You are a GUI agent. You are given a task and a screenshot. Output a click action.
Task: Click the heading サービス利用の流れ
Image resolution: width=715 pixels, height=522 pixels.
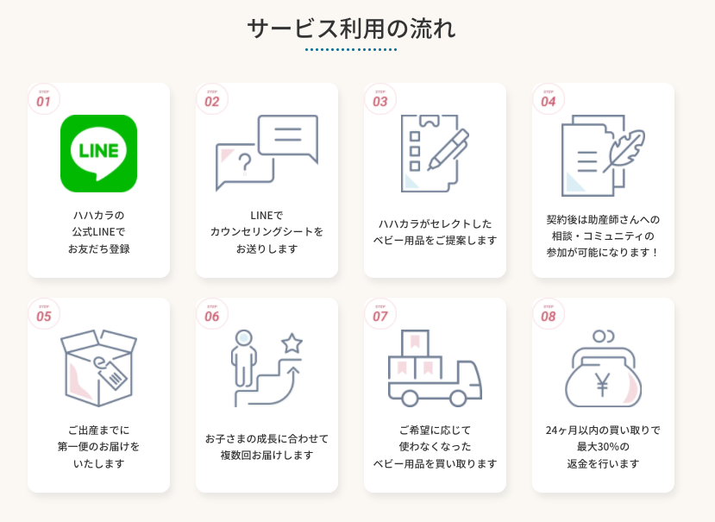tap(351, 28)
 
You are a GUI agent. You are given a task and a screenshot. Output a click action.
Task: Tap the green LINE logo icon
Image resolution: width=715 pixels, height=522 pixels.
tap(98, 153)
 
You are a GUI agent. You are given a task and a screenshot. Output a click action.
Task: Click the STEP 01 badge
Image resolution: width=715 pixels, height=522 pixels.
tap(44, 99)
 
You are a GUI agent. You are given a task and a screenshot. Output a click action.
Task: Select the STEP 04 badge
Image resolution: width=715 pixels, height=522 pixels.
tap(549, 99)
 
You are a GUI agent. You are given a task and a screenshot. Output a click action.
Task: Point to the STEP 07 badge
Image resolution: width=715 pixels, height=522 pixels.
tap(380, 314)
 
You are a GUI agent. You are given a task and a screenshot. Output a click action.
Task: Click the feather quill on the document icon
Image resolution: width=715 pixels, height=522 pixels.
tap(625, 150)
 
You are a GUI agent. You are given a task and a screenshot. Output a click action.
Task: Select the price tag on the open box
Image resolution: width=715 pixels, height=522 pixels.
tap(113, 373)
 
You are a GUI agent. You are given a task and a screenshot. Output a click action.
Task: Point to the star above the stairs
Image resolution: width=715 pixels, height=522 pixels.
tap(292, 343)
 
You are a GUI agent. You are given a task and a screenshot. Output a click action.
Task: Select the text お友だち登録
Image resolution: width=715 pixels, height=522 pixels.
tap(98, 249)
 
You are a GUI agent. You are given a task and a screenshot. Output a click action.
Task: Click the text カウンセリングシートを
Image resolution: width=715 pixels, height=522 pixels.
tap(267, 232)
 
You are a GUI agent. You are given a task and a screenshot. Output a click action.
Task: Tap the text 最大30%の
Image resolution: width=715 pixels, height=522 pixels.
tap(603, 447)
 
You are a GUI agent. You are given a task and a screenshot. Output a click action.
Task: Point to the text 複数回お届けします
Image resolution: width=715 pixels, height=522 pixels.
tap(267, 456)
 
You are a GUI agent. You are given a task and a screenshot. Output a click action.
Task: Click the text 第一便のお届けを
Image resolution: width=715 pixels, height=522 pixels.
tap(98, 447)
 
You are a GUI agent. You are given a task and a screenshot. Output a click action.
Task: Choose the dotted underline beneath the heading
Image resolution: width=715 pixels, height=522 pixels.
tap(351, 50)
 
